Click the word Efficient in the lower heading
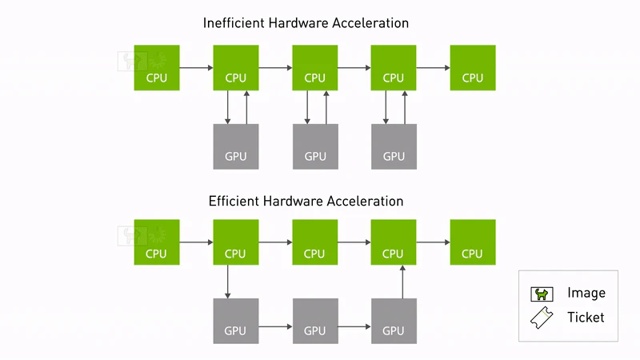click(x=234, y=202)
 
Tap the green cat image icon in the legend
click(x=542, y=294)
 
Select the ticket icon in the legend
click(x=542, y=318)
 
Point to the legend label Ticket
click(x=586, y=317)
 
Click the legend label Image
click(x=586, y=293)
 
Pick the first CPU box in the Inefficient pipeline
click(x=157, y=68)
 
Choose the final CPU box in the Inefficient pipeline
click(x=473, y=68)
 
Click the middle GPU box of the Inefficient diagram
click(x=315, y=146)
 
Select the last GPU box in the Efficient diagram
click(x=394, y=321)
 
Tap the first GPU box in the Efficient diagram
click(x=236, y=321)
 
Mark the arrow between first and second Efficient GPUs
click(x=275, y=326)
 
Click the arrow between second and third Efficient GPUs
click(x=354, y=326)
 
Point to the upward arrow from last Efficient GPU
click(x=402, y=282)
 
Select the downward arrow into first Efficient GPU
click(x=227, y=282)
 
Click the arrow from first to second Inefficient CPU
click(x=196, y=68)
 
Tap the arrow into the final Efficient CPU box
click(x=433, y=242)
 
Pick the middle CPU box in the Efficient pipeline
click(x=314, y=242)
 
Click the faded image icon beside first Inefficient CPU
click(x=132, y=62)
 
